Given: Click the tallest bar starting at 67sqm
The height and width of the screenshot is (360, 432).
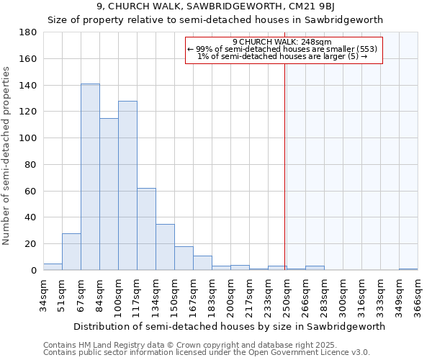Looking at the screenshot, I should pyautogui.click(x=90, y=177).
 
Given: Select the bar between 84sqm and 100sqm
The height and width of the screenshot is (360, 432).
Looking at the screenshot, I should pyautogui.click(x=109, y=194).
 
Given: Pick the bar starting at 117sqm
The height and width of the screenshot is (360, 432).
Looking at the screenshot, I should pyautogui.click(x=146, y=229).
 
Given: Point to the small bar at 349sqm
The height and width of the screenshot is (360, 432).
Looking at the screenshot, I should pyautogui.click(x=408, y=269).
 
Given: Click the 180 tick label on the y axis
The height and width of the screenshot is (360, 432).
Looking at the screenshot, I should pyautogui.click(x=28, y=32).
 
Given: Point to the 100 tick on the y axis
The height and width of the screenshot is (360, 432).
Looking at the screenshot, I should pyautogui.click(x=28, y=138).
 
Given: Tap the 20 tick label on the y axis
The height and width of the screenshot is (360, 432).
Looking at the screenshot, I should pyautogui.click(x=31, y=244).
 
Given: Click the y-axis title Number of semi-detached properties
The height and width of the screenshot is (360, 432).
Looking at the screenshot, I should pyautogui.click(x=7, y=156).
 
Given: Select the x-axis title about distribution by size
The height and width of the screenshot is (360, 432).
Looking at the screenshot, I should pyautogui.click(x=229, y=326).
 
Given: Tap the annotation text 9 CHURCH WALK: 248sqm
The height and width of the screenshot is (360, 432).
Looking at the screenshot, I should pyautogui.click(x=282, y=42).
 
